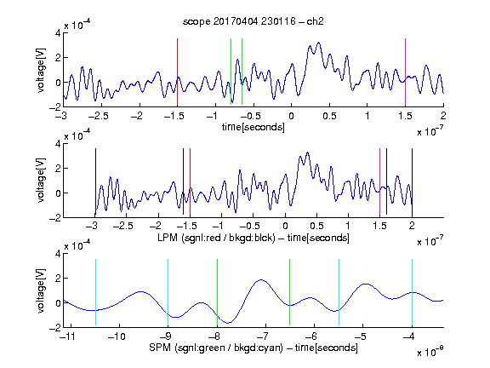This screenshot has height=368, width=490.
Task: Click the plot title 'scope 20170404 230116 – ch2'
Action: tap(254, 21)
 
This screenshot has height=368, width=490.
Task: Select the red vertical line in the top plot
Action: tap(177, 72)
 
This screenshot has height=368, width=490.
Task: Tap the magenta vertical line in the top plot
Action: tap(405, 72)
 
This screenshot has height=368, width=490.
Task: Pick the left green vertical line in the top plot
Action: tap(231, 72)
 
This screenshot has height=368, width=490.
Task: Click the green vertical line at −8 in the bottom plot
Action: tap(217, 292)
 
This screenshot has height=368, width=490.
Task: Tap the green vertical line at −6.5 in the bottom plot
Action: tap(290, 292)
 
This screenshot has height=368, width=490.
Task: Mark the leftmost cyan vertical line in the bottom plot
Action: tap(95, 292)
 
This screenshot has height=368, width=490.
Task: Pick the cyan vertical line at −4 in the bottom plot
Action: tap(412, 292)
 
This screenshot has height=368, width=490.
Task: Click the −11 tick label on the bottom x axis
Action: tap(67, 336)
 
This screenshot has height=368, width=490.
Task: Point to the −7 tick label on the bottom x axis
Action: tap(263, 336)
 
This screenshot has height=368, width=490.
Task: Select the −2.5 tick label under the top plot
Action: tap(98, 116)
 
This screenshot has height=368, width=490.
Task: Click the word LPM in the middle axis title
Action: tap(168, 238)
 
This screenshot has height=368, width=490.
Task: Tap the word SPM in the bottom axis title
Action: tap(160, 348)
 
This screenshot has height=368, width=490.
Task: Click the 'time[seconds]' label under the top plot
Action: tap(254, 127)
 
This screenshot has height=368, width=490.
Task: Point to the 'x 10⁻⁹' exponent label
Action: tap(430, 351)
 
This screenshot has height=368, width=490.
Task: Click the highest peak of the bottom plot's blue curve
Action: tap(261, 279)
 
